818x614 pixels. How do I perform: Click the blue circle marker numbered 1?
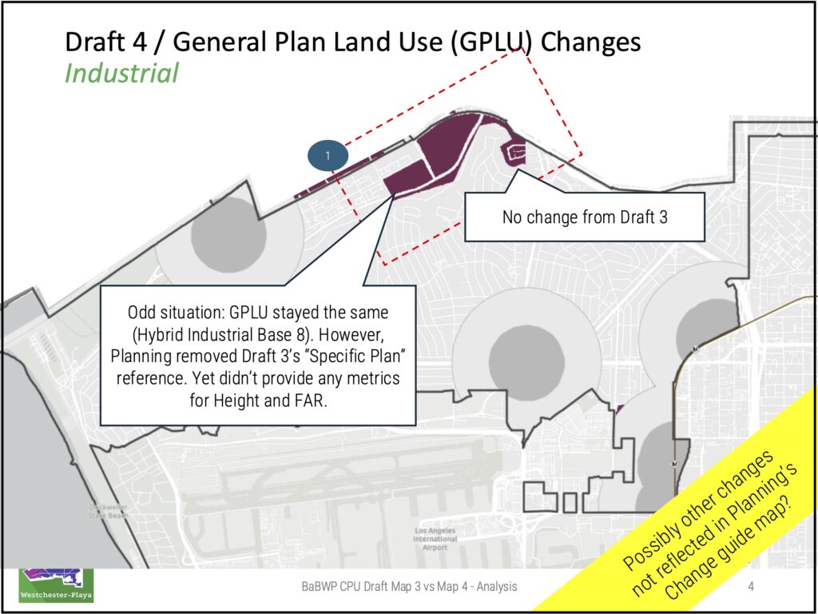click(x=326, y=153)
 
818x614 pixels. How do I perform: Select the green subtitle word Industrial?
click(x=121, y=74)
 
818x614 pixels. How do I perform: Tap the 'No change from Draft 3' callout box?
click(x=584, y=217)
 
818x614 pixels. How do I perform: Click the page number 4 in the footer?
click(x=751, y=588)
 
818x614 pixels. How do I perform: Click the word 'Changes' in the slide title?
click(x=590, y=42)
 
